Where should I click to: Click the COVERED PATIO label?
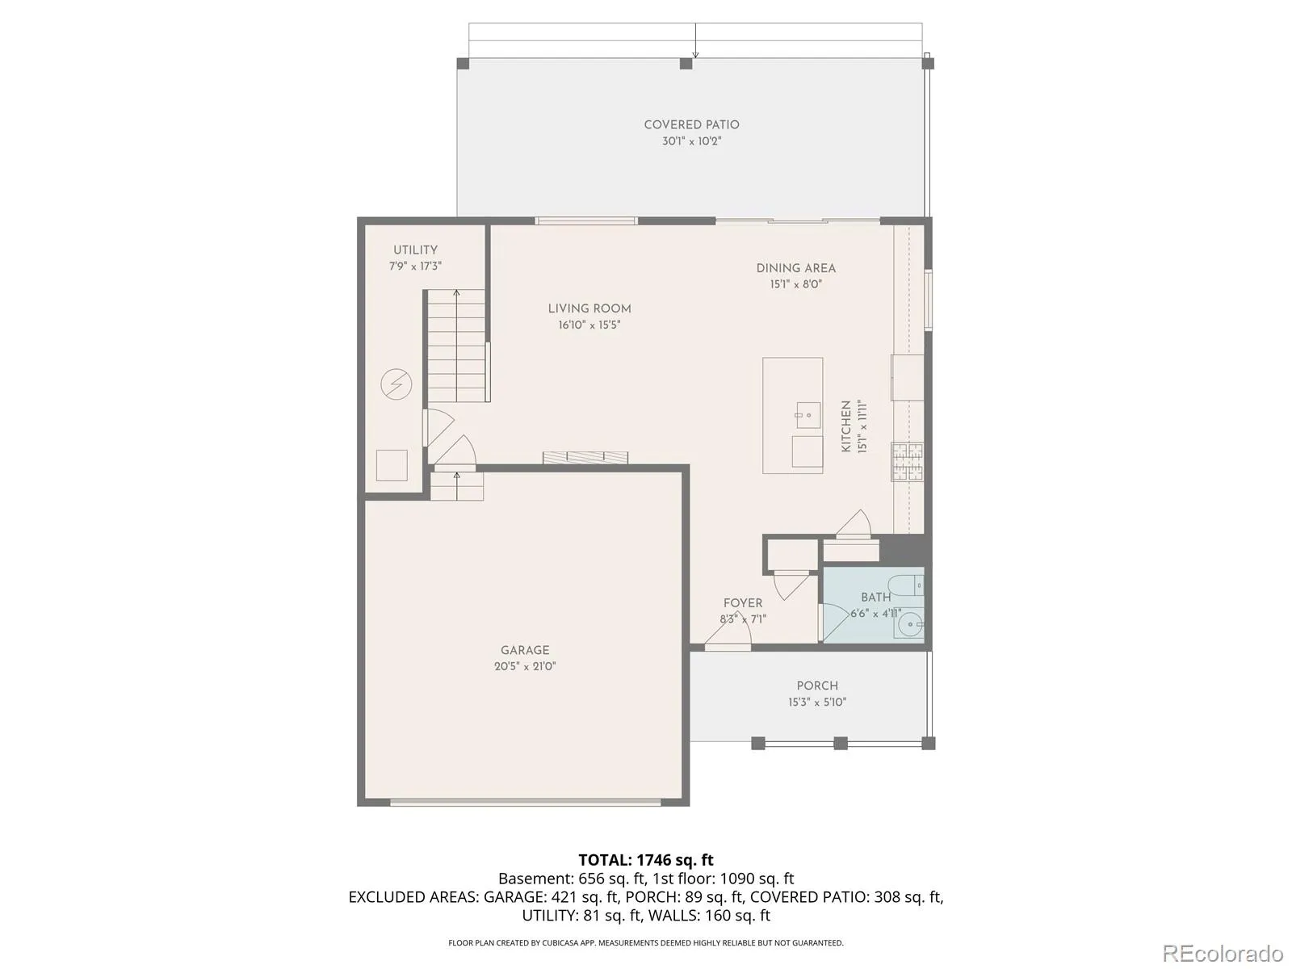(x=691, y=124)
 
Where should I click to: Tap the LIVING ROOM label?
(x=589, y=309)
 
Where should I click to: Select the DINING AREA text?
(x=796, y=268)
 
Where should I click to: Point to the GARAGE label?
(x=524, y=650)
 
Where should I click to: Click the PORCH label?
(x=817, y=686)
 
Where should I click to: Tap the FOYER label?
(x=743, y=603)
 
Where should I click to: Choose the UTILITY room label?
(x=415, y=250)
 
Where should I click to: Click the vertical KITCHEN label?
(x=846, y=426)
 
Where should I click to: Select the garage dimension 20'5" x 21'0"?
(x=524, y=667)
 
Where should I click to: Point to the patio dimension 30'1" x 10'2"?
(x=691, y=141)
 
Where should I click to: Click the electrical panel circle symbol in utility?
(x=396, y=384)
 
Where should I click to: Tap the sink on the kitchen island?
(x=808, y=415)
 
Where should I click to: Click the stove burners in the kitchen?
(x=907, y=462)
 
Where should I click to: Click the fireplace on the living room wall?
(x=585, y=457)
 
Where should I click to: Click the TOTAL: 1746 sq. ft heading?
(x=646, y=860)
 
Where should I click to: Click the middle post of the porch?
(x=841, y=743)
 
